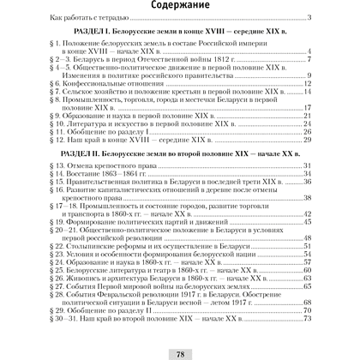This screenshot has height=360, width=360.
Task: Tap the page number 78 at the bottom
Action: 180,351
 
